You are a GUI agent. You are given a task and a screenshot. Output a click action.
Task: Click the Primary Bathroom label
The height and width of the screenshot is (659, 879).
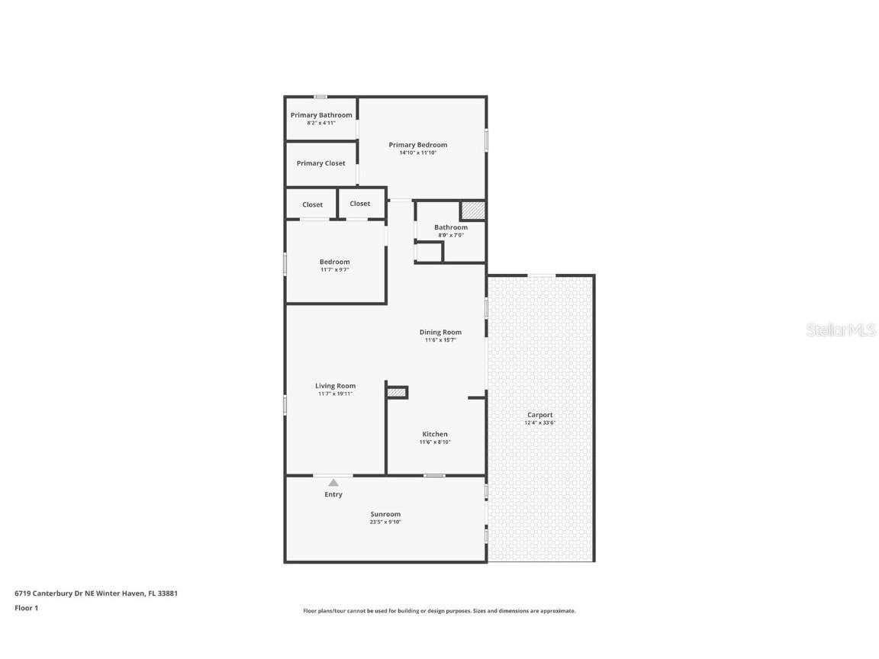click(321, 115)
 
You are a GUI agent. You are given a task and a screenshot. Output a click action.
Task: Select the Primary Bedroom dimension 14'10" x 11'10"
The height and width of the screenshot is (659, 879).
click(417, 153)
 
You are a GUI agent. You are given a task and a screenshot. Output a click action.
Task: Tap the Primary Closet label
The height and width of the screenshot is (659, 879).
click(320, 163)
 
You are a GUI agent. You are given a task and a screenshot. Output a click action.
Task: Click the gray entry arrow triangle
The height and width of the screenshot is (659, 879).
click(333, 482)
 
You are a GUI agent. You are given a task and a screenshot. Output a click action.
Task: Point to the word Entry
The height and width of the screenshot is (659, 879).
click(333, 494)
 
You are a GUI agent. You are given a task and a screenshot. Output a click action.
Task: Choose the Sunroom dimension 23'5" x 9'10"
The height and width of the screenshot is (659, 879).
click(385, 522)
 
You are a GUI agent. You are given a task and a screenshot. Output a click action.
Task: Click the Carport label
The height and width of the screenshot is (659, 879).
click(539, 415)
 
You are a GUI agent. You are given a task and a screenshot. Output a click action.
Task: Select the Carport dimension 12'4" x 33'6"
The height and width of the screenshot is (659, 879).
click(539, 423)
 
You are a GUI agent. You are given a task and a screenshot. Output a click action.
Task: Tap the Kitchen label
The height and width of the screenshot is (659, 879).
click(435, 434)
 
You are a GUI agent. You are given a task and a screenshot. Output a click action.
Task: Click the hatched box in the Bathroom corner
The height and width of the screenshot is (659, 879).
click(472, 211)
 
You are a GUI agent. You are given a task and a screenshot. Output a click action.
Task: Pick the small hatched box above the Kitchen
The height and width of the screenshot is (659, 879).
click(396, 392)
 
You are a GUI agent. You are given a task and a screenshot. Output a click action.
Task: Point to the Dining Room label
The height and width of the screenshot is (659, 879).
click(440, 332)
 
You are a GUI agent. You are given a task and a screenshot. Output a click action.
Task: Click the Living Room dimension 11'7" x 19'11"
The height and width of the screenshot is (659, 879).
click(335, 394)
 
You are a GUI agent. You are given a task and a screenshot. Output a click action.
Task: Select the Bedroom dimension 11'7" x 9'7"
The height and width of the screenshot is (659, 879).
click(334, 269)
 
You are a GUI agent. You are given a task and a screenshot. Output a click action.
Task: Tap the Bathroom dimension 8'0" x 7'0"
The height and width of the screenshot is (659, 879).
click(450, 235)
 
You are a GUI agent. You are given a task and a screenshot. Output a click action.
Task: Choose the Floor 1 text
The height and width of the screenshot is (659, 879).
click(26, 608)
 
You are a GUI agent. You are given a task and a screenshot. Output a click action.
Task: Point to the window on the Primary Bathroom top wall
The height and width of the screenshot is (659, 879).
click(321, 97)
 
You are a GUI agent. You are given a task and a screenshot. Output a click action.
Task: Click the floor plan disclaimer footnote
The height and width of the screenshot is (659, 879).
click(439, 611)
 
